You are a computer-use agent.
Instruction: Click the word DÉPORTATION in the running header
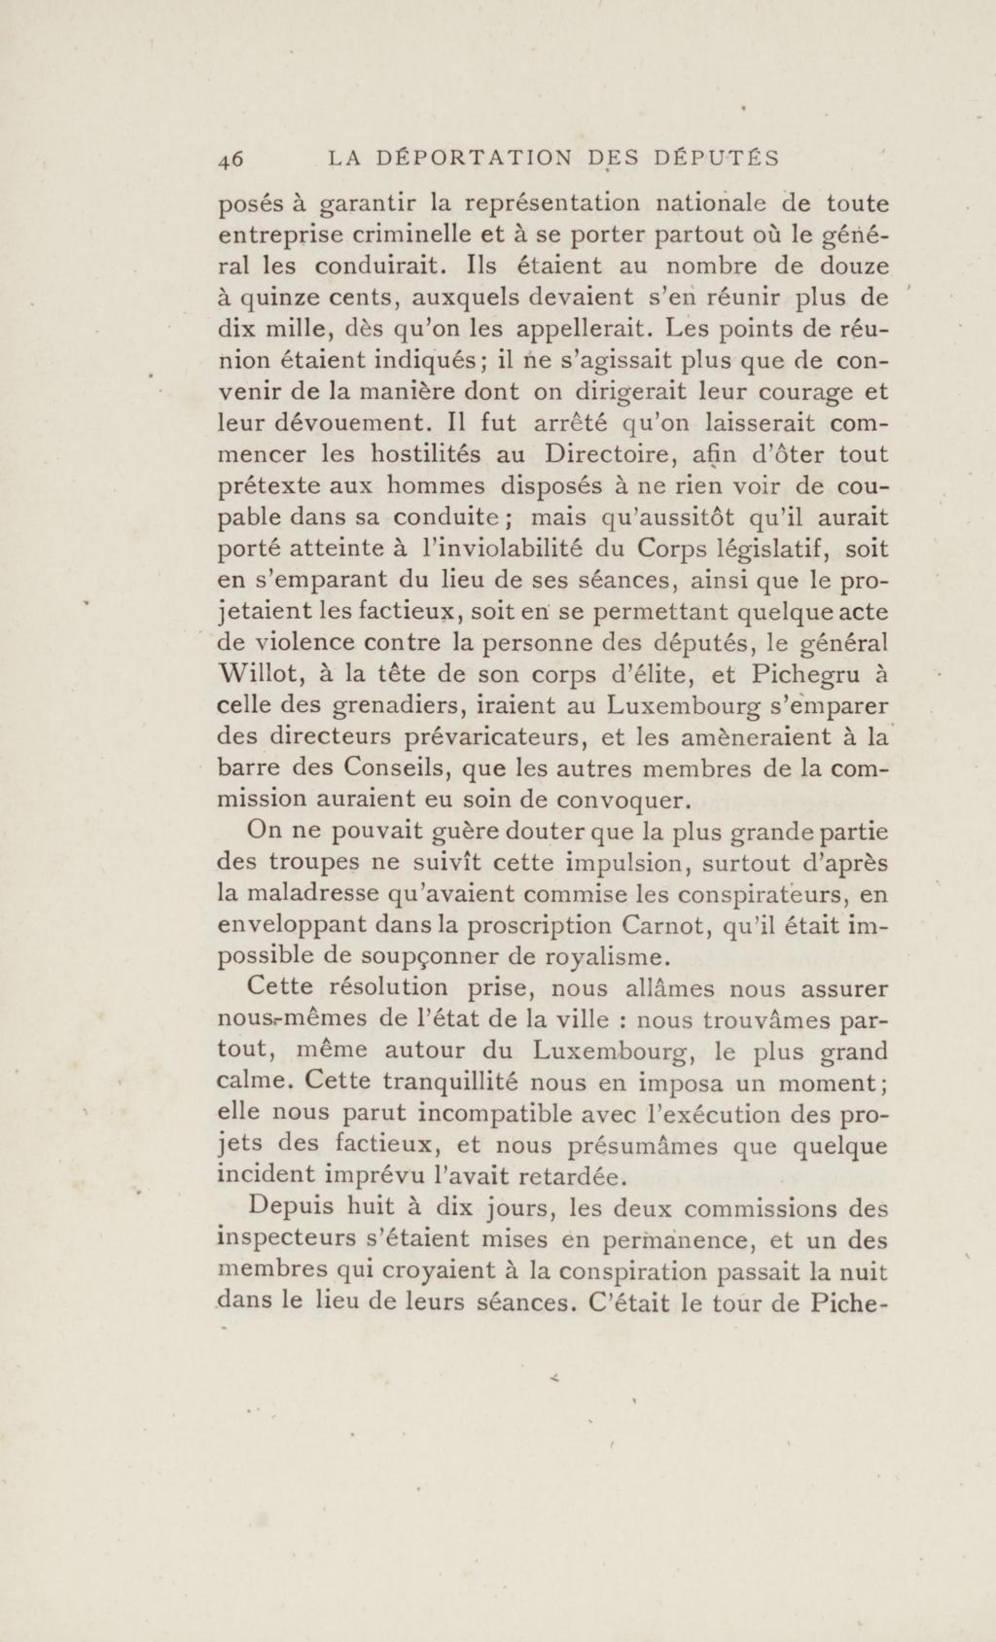474,159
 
